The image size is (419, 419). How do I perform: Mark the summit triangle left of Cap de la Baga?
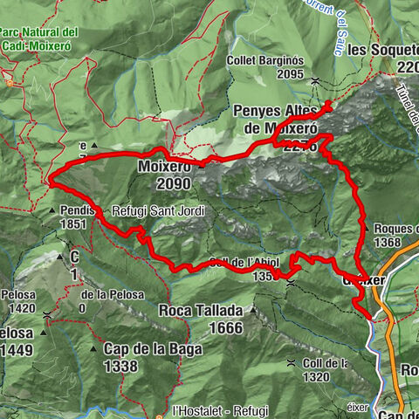click(x=93, y=349)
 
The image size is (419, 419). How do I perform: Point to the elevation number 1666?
click(x=225, y=327)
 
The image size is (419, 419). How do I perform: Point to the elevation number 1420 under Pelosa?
click(x=21, y=307)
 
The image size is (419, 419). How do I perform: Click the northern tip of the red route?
click(x=329, y=104)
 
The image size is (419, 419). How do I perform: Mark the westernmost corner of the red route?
click(x=52, y=181)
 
